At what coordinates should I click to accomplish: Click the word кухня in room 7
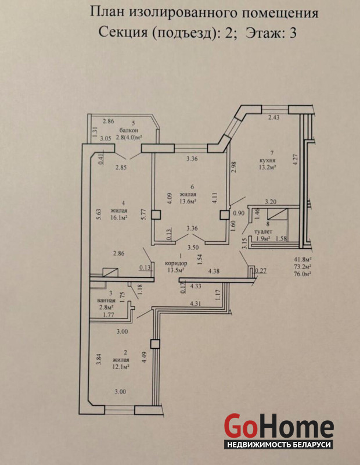tap(267, 160)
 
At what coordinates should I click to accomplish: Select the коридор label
tap(177, 263)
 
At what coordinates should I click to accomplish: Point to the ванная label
tap(106, 300)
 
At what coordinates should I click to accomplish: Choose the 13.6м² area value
tap(189, 201)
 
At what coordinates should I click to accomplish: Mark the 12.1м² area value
tap(121, 367)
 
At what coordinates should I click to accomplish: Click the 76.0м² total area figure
tap(302, 274)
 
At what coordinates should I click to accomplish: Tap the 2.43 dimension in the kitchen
tap(273, 117)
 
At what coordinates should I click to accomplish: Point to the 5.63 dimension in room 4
tap(99, 214)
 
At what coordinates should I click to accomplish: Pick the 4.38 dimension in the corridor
tap(214, 271)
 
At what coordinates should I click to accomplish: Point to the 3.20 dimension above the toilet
tap(271, 202)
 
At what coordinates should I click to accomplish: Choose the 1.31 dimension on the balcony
tap(95, 132)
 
